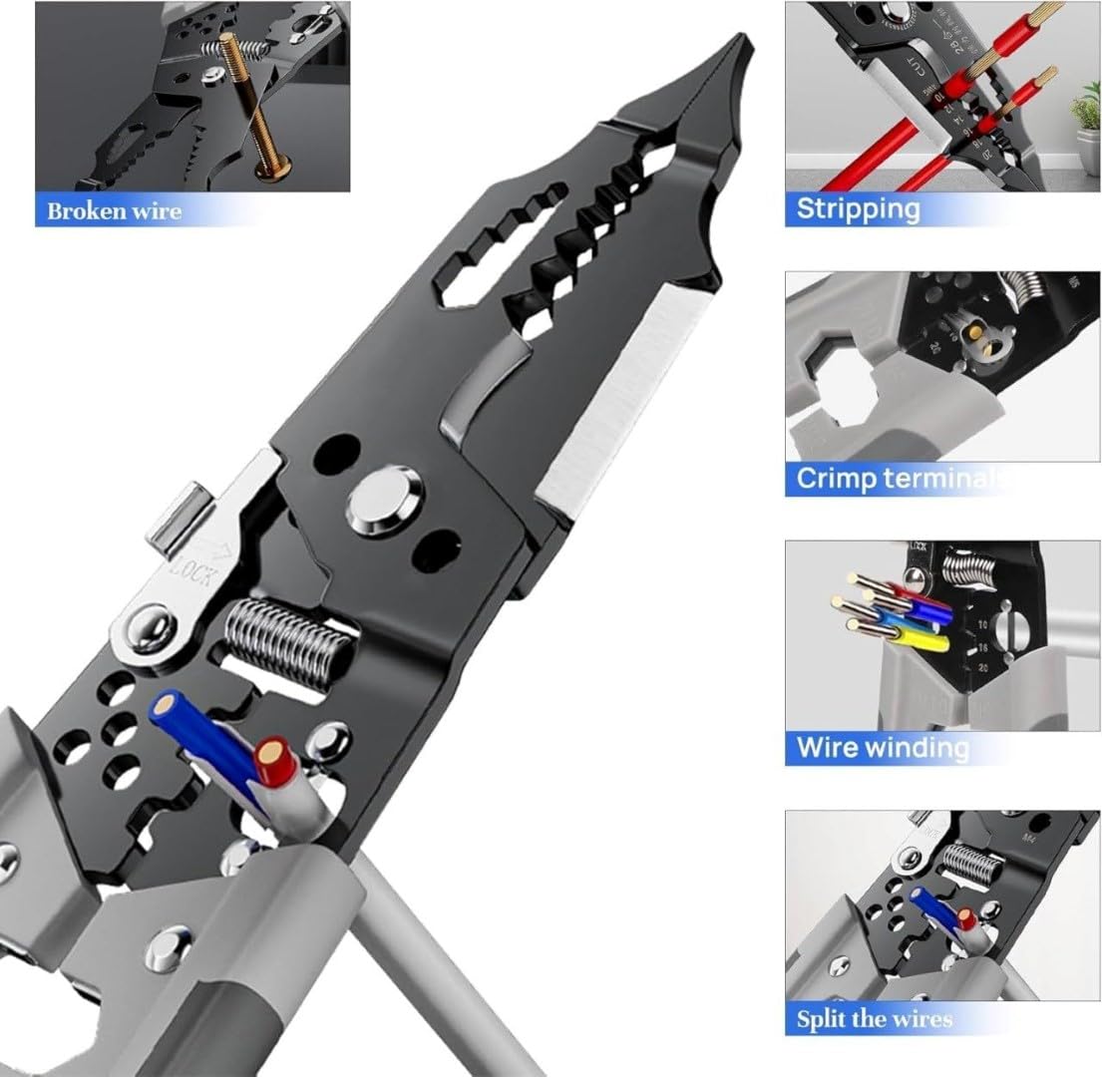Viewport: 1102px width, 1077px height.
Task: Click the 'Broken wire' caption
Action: click(114, 210)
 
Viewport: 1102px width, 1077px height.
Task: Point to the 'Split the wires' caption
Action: click(874, 1018)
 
